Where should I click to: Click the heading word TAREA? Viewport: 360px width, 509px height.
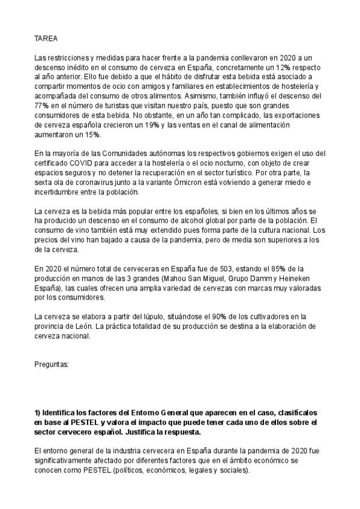tap(46, 38)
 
